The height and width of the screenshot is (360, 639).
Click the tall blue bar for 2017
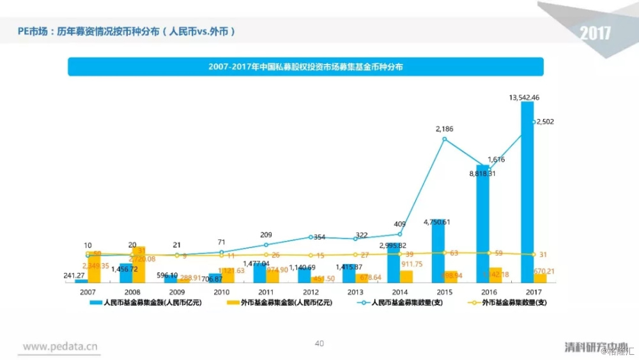tap(527, 192)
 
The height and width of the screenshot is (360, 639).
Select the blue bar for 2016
tap(482, 224)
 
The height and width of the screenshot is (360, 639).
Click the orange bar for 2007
tap(94, 267)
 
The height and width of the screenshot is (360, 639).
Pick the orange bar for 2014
tap(406, 276)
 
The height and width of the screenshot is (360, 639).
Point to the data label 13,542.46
tap(525, 98)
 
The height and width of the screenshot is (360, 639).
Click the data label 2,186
tap(445, 129)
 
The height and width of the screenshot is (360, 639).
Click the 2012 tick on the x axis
tap(311, 290)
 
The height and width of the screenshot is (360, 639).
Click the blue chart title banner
tap(305, 67)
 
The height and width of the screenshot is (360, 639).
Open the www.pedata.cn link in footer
tap(61, 346)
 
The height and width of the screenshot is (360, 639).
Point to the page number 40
tap(319, 343)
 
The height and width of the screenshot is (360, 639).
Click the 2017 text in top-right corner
tap(595, 33)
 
